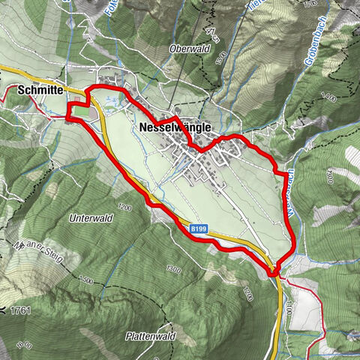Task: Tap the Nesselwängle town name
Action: pyautogui.click(x=175, y=128)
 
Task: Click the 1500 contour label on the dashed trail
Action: pyautogui.click(x=84, y=280)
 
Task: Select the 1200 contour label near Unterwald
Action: pyautogui.click(x=124, y=207)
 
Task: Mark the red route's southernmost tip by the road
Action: pyautogui.click(x=273, y=274)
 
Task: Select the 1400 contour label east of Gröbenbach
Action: pyautogui.click(x=328, y=95)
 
